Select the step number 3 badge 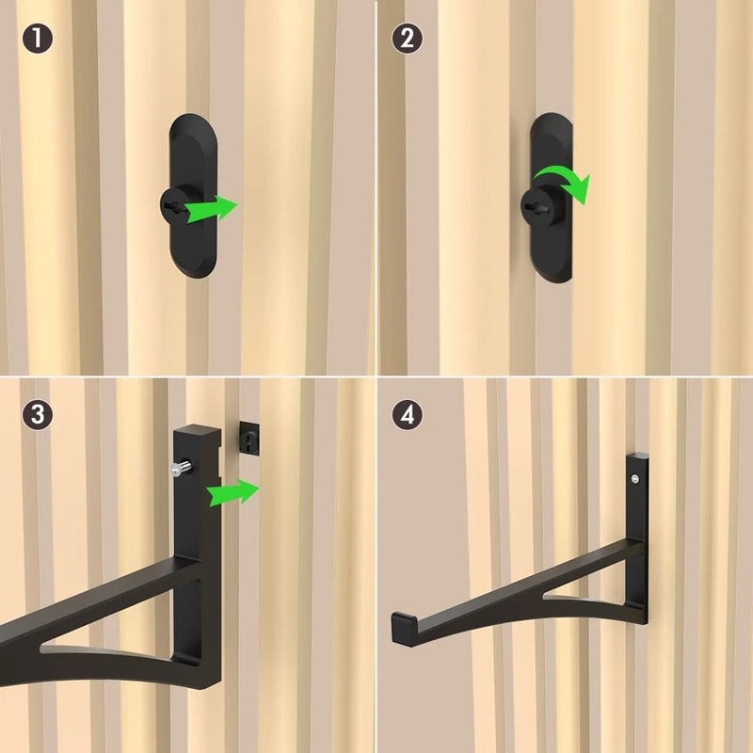(x=37, y=414)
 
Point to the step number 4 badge (x=407, y=414)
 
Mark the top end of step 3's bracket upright (x=195, y=434)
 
